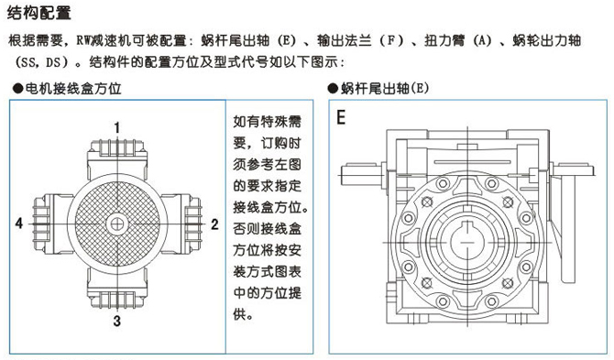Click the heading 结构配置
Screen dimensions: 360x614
click(x=39, y=14)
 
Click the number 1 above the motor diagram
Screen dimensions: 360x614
click(x=117, y=125)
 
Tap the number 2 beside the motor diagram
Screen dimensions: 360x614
click(x=214, y=224)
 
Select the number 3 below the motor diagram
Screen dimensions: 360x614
click(x=117, y=320)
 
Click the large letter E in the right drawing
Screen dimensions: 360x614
click(x=341, y=119)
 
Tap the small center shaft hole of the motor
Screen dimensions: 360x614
click(x=117, y=223)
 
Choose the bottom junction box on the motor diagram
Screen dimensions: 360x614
click(x=117, y=295)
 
